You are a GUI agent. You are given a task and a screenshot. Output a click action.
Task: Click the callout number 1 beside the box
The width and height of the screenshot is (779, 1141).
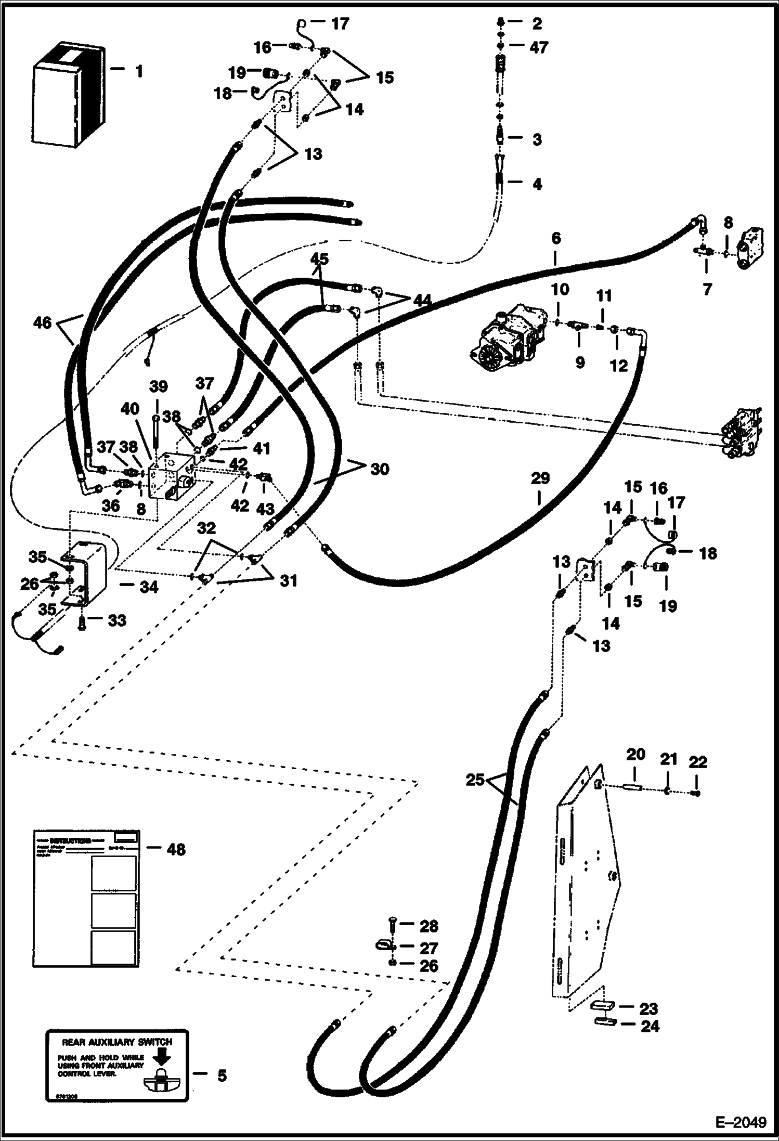coord(139,71)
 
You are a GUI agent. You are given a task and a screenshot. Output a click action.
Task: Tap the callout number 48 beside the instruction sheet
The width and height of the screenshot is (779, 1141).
coord(176,849)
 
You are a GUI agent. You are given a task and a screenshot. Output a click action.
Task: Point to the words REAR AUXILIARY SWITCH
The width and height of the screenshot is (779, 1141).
coord(116,1042)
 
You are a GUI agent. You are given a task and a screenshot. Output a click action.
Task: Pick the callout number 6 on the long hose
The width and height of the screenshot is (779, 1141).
coord(556,239)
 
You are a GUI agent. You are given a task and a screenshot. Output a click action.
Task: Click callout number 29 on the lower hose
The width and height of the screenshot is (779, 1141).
coord(540,478)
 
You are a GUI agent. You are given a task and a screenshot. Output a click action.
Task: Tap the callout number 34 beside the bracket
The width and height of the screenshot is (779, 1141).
coord(149,587)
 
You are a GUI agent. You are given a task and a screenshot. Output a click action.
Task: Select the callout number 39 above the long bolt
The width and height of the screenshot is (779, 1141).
coord(159,386)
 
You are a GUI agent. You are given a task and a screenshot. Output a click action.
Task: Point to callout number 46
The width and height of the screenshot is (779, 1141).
coord(42,323)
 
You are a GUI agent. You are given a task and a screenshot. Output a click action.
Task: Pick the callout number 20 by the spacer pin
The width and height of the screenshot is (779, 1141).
coord(635,754)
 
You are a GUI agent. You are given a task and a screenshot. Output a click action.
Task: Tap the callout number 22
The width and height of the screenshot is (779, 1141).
coord(698,762)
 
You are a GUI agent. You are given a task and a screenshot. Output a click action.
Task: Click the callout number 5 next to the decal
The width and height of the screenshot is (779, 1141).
coord(222,1075)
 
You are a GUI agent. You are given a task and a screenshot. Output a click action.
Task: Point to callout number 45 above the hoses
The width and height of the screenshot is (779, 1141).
coord(319,258)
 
